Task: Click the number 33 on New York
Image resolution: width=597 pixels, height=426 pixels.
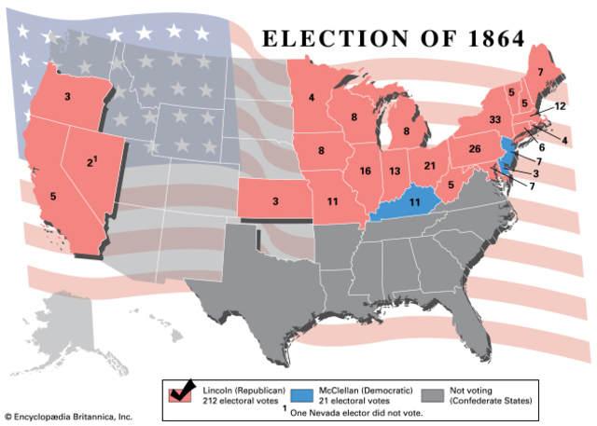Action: [x=494, y=119]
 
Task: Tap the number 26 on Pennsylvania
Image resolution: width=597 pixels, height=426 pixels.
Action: [x=474, y=149]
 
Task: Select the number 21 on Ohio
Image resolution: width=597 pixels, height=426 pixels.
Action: [x=430, y=165]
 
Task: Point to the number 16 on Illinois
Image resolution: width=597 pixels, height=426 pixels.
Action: [x=365, y=171]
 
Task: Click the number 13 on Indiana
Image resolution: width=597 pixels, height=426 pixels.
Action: [x=397, y=172]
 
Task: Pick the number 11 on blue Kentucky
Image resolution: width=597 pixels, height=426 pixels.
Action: [x=415, y=202]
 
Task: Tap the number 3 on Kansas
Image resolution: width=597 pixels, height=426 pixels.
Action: [x=275, y=200]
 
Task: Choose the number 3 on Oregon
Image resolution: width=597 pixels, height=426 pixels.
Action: [x=67, y=96]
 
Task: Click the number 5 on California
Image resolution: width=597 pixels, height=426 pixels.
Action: [x=52, y=197]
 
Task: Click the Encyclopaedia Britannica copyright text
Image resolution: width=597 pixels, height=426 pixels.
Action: [x=68, y=416]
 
